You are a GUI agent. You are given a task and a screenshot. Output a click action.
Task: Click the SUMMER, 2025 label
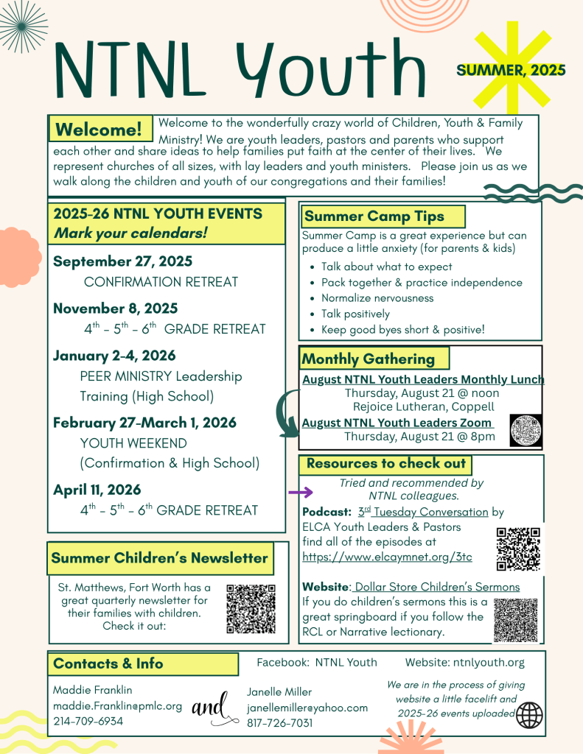(x=511, y=71)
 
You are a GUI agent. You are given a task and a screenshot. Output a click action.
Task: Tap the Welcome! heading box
(x=100, y=130)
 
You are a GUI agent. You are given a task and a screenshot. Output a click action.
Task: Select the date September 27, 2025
(x=122, y=261)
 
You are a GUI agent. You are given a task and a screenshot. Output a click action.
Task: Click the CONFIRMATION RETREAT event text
(x=161, y=282)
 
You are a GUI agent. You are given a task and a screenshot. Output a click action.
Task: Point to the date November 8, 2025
(x=115, y=308)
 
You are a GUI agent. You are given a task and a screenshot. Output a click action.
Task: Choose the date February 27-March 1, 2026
(x=144, y=423)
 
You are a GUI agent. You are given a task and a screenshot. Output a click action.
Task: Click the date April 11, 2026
(x=97, y=490)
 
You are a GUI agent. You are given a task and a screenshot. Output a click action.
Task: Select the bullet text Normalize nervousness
(x=377, y=298)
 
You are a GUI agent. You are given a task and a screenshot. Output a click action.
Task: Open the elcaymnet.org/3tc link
(x=387, y=557)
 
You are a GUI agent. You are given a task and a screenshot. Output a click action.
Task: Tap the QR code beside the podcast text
(x=518, y=549)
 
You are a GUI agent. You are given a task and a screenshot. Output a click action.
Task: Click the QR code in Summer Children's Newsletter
(x=251, y=609)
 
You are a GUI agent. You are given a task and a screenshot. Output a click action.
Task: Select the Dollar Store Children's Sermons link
(x=436, y=587)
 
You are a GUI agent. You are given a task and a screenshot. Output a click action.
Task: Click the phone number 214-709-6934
(x=88, y=721)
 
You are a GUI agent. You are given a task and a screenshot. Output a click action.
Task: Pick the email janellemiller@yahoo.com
(x=307, y=708)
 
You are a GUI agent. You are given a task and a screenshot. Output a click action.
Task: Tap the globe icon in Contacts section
(x=529, y=714)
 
